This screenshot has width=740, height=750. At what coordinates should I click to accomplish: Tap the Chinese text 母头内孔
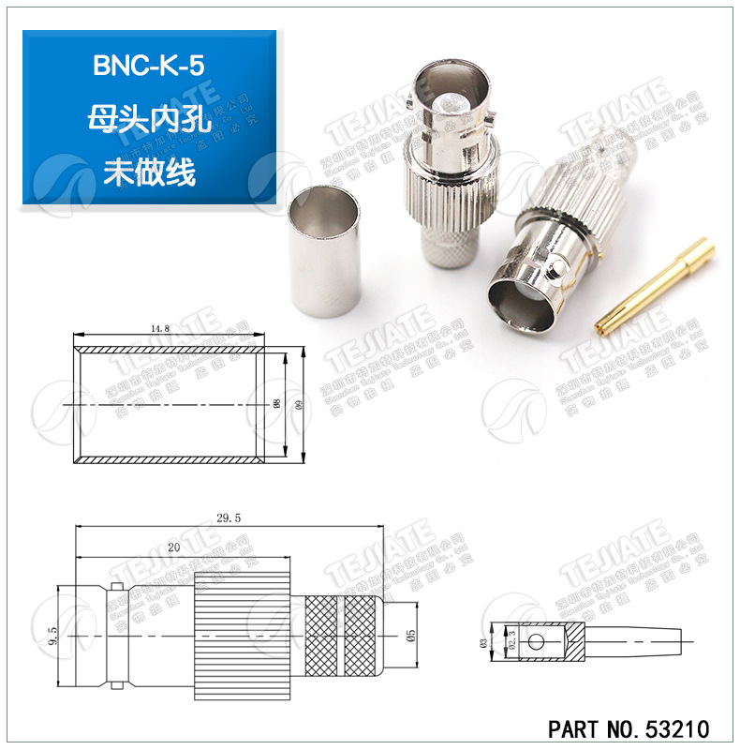[150, 120]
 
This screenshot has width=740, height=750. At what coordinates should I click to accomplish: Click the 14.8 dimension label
[158, 329]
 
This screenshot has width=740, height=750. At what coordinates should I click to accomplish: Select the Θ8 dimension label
[276, 404]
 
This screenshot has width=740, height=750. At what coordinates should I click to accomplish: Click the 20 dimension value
[173, 547]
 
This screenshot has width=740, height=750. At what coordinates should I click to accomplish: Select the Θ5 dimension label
[410, 635]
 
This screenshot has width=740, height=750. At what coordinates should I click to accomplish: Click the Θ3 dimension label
[482, 642]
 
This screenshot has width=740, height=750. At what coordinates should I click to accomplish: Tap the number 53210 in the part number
[672, 728]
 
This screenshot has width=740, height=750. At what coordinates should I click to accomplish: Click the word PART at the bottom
[573, 728]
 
